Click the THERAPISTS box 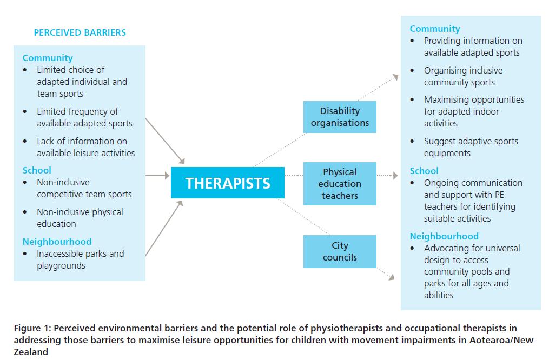[x=228, y=183]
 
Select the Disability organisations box [x=340, y=117]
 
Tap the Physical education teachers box [x=340, y=184]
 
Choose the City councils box [x=340, y=251]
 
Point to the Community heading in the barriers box [x=48, y=58]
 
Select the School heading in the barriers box [x=37, y=170]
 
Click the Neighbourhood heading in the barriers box [x=57, y=242]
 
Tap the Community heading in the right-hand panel [x=435, y=29]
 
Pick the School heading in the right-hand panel [x=424, y=171]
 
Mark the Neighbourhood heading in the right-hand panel [x=444, y=236]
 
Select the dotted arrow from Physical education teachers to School [x=388, y=176]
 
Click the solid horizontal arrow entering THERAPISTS [x=158, y=176]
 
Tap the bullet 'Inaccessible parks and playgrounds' [x=80, y=259]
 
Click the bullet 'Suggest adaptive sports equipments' [x=471, y=147]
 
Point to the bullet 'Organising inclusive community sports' [x=463, y=76]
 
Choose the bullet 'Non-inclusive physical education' [x=80, y=218]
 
